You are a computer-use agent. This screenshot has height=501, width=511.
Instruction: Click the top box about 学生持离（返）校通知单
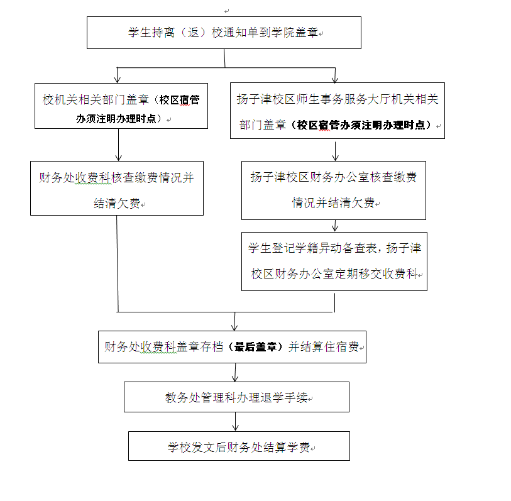click(224, 33)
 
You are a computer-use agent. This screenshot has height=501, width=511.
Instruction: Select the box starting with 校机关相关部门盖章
click(121, 106)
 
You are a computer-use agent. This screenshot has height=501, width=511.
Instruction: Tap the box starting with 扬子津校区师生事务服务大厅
click(337, 110)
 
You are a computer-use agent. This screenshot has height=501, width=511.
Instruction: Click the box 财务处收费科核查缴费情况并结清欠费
click(117, 188)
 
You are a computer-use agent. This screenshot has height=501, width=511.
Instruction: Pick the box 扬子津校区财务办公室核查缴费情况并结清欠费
click(333, 190)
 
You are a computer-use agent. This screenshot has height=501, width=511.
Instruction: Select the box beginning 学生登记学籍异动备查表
click(334, 261)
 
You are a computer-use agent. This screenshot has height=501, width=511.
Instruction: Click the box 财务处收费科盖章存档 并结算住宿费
click(231, 346)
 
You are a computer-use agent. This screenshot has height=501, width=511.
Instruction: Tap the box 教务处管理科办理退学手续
click(236, 397)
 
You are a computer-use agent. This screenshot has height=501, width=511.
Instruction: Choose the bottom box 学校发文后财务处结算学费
click(239, 446)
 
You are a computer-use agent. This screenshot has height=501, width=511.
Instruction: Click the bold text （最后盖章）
click(257, 346)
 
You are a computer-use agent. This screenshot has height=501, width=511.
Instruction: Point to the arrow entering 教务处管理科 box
click(235, 375)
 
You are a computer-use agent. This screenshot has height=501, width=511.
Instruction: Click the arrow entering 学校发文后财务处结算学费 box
click(235, 424)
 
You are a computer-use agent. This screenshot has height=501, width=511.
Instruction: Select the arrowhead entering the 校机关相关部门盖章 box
click(118, 79)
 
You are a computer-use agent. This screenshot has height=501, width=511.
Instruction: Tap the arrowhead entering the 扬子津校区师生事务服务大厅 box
click(334, 79)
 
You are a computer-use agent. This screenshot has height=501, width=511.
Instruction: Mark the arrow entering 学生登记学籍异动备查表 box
click(336, 227)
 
